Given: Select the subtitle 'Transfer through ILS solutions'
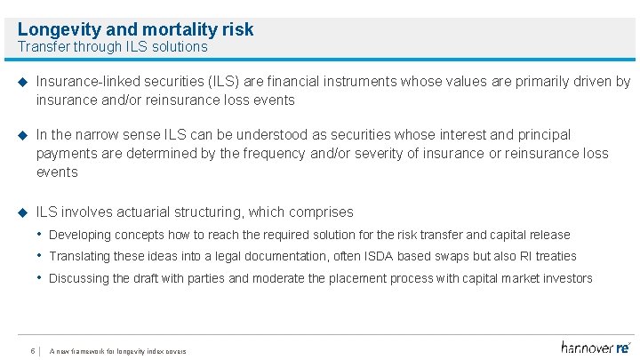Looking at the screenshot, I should [112, 47].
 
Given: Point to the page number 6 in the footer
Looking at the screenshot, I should [32, 349].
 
